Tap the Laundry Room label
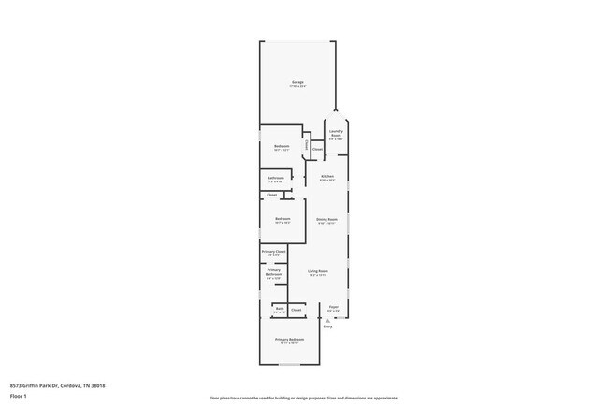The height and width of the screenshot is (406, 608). [336, 134]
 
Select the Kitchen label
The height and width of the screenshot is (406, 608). [327, 177]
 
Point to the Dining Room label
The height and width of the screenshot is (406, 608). [326, 220]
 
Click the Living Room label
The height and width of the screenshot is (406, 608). [317, 272]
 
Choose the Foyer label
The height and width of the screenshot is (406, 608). [333, 308]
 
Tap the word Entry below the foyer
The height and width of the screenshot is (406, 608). [327, 326]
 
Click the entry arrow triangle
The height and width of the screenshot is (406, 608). [327, 320]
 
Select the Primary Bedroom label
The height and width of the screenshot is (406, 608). [289, 340]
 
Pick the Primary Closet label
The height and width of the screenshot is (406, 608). [273, 252]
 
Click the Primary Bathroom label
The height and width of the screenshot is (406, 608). [273, 272]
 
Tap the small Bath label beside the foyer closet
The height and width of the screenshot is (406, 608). [279, 309]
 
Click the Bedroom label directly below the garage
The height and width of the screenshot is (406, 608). [282, 146]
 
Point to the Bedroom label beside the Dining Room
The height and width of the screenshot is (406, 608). [282, 220]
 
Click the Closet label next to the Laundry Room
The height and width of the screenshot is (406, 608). [317, 149]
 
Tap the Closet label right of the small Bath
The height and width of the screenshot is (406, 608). [297, 309]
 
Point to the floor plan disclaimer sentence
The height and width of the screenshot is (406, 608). [303, 398]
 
